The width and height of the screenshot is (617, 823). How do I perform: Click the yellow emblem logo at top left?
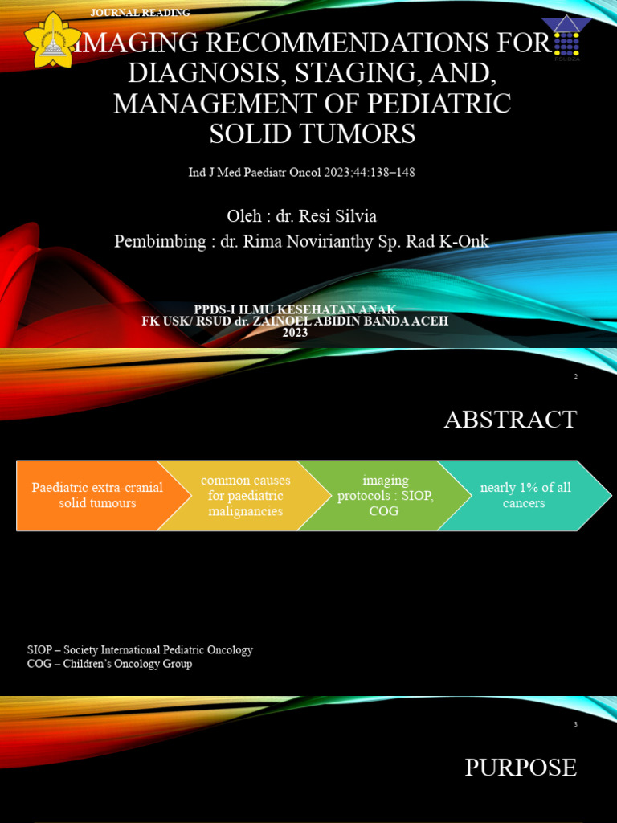(52, 39)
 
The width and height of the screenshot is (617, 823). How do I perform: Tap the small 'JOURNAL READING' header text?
(141, 13)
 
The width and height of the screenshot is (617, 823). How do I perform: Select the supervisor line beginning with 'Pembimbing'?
(301, 241)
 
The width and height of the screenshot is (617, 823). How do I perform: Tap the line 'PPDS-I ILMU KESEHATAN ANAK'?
(295, 309)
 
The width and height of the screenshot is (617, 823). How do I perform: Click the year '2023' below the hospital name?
(295, 333)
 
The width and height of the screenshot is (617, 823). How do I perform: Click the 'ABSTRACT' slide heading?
(510, 420)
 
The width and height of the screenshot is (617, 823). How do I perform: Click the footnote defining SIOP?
(140, 649)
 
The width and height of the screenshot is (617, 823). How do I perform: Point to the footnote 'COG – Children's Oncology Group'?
(109, 664)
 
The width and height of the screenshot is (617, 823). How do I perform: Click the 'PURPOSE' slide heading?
(521, 768)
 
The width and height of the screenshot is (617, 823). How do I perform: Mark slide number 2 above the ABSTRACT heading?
(575, 377)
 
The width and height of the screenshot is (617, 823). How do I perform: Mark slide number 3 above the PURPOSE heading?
(575, 725)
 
